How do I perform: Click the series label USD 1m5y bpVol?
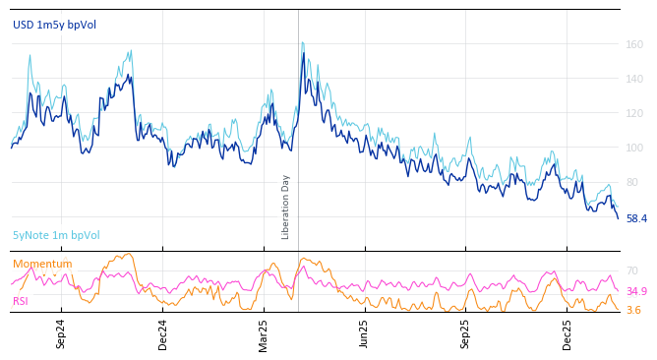[x=54, y=25]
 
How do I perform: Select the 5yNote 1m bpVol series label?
[x=56, y=236]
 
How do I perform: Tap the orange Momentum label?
[x=42, y=265]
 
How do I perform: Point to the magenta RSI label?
[x=21, y=301]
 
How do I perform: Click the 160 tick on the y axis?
[x=634, y=44]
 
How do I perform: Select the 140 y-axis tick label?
[x=634, y=79]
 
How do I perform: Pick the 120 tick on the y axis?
[x=634, y=113]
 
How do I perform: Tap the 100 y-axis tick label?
[x=634, y=148]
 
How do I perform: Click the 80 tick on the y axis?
[x=631, y=182]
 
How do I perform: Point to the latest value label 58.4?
[x=636, y=218]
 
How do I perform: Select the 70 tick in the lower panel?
[x=631, y=270]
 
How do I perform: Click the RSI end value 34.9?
[x=636, y=292]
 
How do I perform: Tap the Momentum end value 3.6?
[x=633, y=311]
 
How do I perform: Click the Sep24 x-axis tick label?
[x=61, y=333]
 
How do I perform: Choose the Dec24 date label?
[x=163, y=333]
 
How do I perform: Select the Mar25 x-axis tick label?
[x=264, y=333]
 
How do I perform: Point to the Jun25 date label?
[x=365, y=333]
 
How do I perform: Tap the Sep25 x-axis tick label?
[x=466, y=333]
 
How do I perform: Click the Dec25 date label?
[x=567, y=333]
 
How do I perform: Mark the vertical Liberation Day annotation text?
[x=286, y=207]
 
